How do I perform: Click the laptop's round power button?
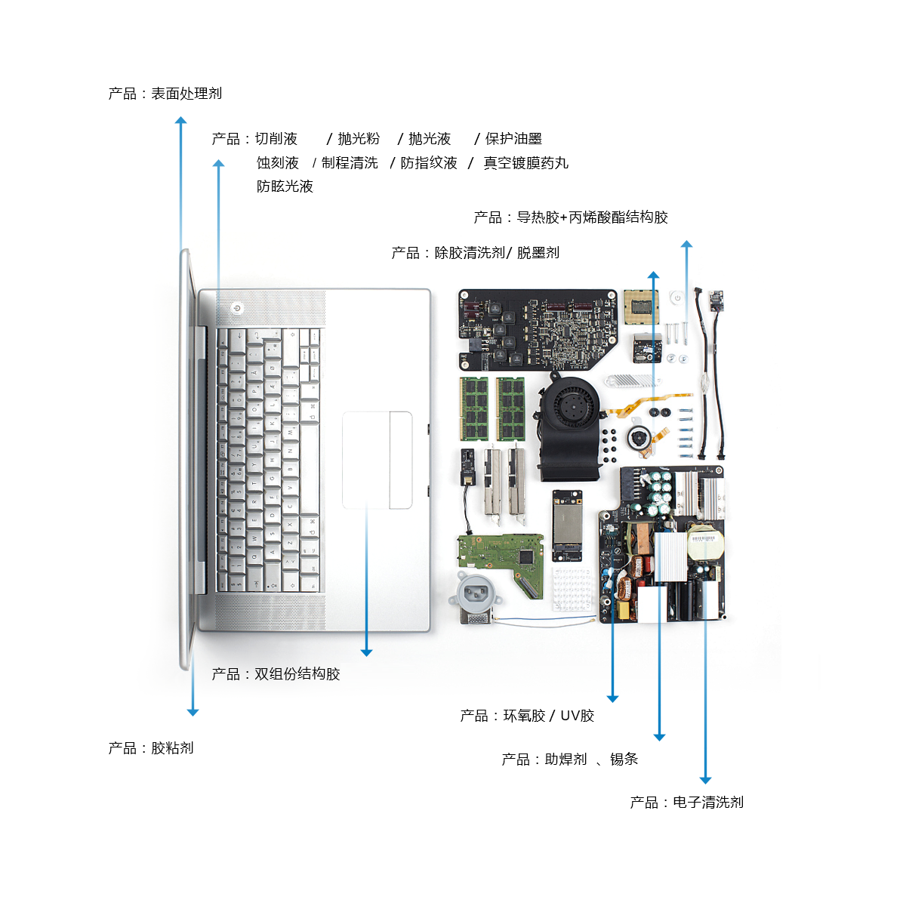click(x=236, y=309)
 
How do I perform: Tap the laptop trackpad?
click(x=377, y=460)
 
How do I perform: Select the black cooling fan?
click(x=570, y=426)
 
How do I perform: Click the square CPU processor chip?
click(x=641, y=307)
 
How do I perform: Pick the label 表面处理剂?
click(x=186, y=94)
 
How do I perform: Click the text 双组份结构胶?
click(x=297, y=673)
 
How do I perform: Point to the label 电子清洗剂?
click(x=708, y=802)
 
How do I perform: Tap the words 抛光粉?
click(x=359, y=139)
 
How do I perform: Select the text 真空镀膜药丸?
click(x=526, y=162)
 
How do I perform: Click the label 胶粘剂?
click(x=172, y=747)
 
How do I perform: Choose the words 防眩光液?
click(x=285, y=186)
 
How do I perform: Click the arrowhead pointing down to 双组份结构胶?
click(x=367, y=652)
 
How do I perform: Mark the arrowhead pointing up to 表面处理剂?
click(x=181, y=120)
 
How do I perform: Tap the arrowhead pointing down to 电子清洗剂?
click(x=705, y=781)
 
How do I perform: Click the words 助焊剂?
click(x=565, y=759)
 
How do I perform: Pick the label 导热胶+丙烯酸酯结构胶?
click(x=593, y=217)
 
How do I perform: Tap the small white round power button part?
click(x=677, y=297)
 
